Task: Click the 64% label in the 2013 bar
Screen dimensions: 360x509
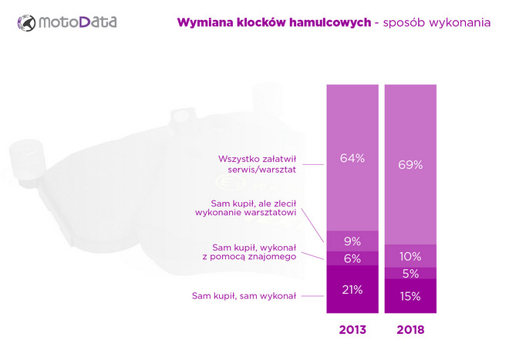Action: (x=352, y=158)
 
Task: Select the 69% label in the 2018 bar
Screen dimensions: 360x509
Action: (x=410, y=164)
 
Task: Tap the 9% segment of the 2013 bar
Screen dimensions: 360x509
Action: (x=352, y=241)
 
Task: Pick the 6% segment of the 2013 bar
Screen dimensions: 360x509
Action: (x=352, y=258)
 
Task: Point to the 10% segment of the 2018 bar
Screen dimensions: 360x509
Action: (x=410, y=256)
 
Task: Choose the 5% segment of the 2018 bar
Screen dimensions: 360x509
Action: (x=410, y=273)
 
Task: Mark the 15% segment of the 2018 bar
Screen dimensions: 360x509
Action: (x=410, y=295)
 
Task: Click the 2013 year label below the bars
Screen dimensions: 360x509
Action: (x=352, y=329)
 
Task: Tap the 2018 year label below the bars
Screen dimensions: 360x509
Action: (x=410, y=329)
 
